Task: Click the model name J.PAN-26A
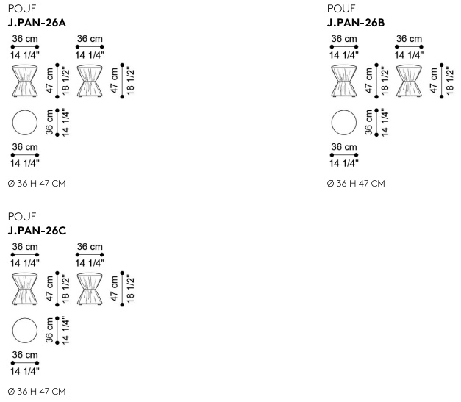coord(37,23)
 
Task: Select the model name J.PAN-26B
coord(356,23)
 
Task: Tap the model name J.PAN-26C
coord(37,231)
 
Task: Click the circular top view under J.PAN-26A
coord(25,123)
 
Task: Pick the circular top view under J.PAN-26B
coord(344,123)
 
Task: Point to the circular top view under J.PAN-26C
coord(25,331)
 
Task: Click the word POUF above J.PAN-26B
coord(341,9)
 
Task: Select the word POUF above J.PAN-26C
coord(22,217)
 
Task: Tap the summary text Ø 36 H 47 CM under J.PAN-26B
coord(356,184)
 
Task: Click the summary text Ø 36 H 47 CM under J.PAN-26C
coord(37,392)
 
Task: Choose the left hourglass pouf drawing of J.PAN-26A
coord(25,81)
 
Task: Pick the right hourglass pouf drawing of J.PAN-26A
coord(90,81)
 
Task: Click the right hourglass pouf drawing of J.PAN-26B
coord(409,81)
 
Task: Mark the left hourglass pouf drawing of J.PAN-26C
coord(25,289)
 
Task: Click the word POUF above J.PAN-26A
coord(22,9)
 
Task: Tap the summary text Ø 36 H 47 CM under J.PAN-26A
coord(37,184)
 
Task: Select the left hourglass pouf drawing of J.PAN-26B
coord(344,81)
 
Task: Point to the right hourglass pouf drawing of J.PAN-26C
coord(90,289)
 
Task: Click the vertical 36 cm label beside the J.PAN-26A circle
coord(49,123)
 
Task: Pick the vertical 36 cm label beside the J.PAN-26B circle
coord(368,123)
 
